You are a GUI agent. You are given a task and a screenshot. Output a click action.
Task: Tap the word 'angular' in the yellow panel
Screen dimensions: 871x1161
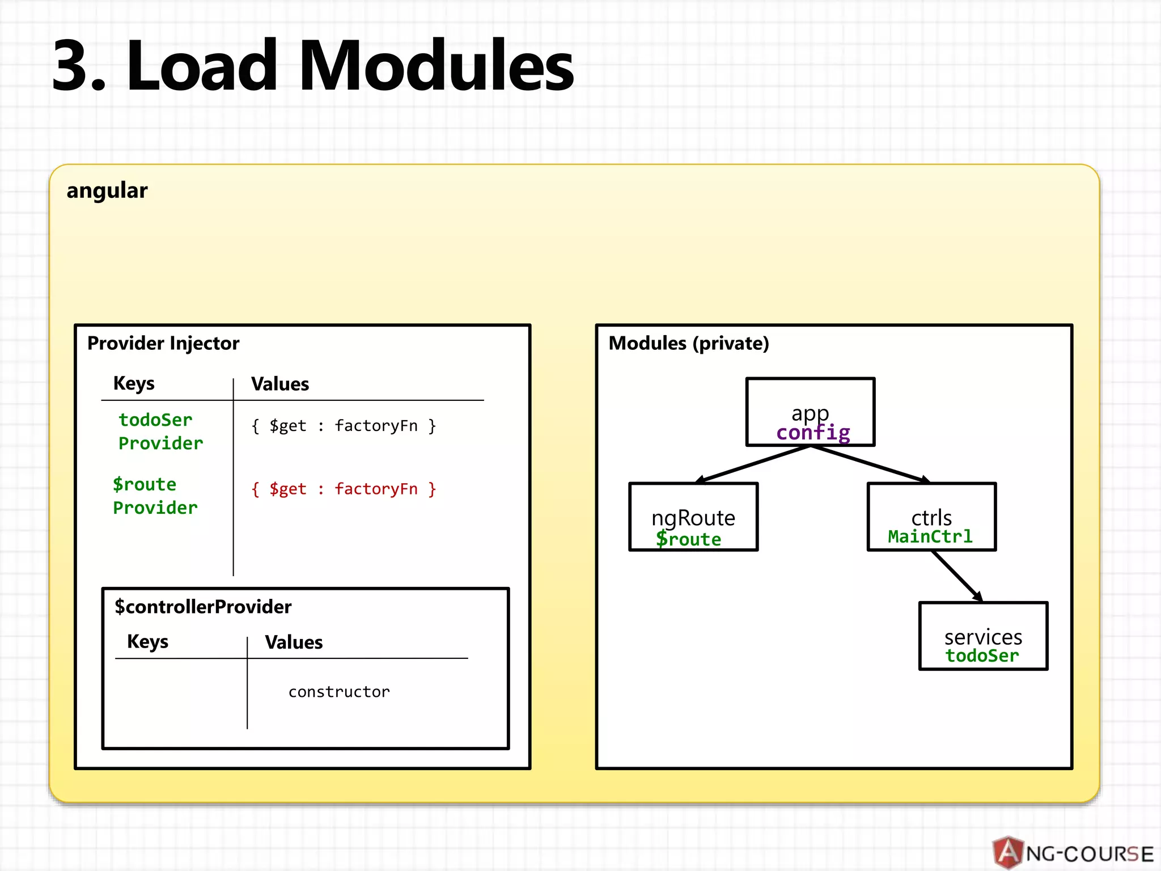coord(107,191)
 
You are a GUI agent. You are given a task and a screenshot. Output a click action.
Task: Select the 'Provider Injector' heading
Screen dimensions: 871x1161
coord(163,343)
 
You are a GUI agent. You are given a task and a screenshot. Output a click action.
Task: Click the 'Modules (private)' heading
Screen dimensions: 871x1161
coord(689,343)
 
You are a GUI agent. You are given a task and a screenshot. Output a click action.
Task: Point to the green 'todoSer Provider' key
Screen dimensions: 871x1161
coord(160,432)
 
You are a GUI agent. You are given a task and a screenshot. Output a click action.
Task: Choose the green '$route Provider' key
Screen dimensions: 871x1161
coord(155,496)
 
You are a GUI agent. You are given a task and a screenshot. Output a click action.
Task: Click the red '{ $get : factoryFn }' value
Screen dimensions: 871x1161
coord(344,489)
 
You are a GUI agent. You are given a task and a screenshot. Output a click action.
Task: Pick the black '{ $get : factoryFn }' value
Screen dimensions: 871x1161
coord(344,426)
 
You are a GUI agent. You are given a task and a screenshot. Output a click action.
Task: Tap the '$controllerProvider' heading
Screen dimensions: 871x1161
coord(203,607)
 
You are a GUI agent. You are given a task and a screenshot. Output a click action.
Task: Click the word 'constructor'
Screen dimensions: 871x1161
coord(339,692)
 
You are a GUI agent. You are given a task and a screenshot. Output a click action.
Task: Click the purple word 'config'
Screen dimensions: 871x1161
coord(813,433)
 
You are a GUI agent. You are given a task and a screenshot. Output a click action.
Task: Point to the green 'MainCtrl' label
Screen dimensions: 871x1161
coord(930,536)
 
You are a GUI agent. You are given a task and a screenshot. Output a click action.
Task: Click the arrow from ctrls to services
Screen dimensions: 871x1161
coord(957,576)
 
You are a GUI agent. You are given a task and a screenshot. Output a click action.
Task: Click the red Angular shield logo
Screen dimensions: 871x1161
coord(1008,852)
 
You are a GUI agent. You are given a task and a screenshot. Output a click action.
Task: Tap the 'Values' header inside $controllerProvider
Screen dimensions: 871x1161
coord(294,642)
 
